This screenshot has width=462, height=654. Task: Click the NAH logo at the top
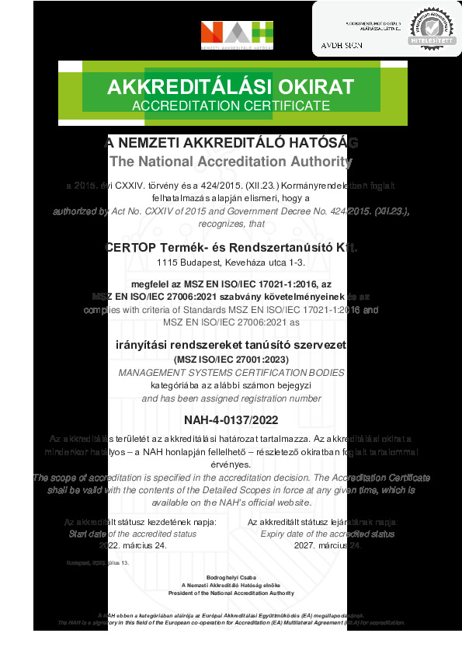click(x=237, y=34)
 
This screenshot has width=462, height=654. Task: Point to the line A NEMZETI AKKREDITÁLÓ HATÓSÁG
click(x=231, y=143)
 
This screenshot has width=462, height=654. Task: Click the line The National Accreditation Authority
click(x=231, y=162)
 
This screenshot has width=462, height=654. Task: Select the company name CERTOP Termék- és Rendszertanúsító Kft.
click(x=231, y=248)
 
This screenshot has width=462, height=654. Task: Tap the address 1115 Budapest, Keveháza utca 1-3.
click(x=231, y=264)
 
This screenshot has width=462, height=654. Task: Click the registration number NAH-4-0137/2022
click(x=231, y=420)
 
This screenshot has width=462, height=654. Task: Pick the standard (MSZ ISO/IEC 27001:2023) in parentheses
click(x=231, y=360)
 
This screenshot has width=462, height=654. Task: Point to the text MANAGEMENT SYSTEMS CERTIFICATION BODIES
click(x=231, y=373)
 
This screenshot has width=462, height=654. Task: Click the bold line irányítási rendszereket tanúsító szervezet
click(x=231, y=344)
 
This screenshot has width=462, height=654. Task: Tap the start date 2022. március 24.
click(x=141, y=545)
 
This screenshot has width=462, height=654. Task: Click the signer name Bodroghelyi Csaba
click(x=231, y=578)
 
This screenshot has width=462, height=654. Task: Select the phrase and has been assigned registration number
click(x=231, y=398)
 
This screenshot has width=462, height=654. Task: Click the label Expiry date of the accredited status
click(x=321, y=534)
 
